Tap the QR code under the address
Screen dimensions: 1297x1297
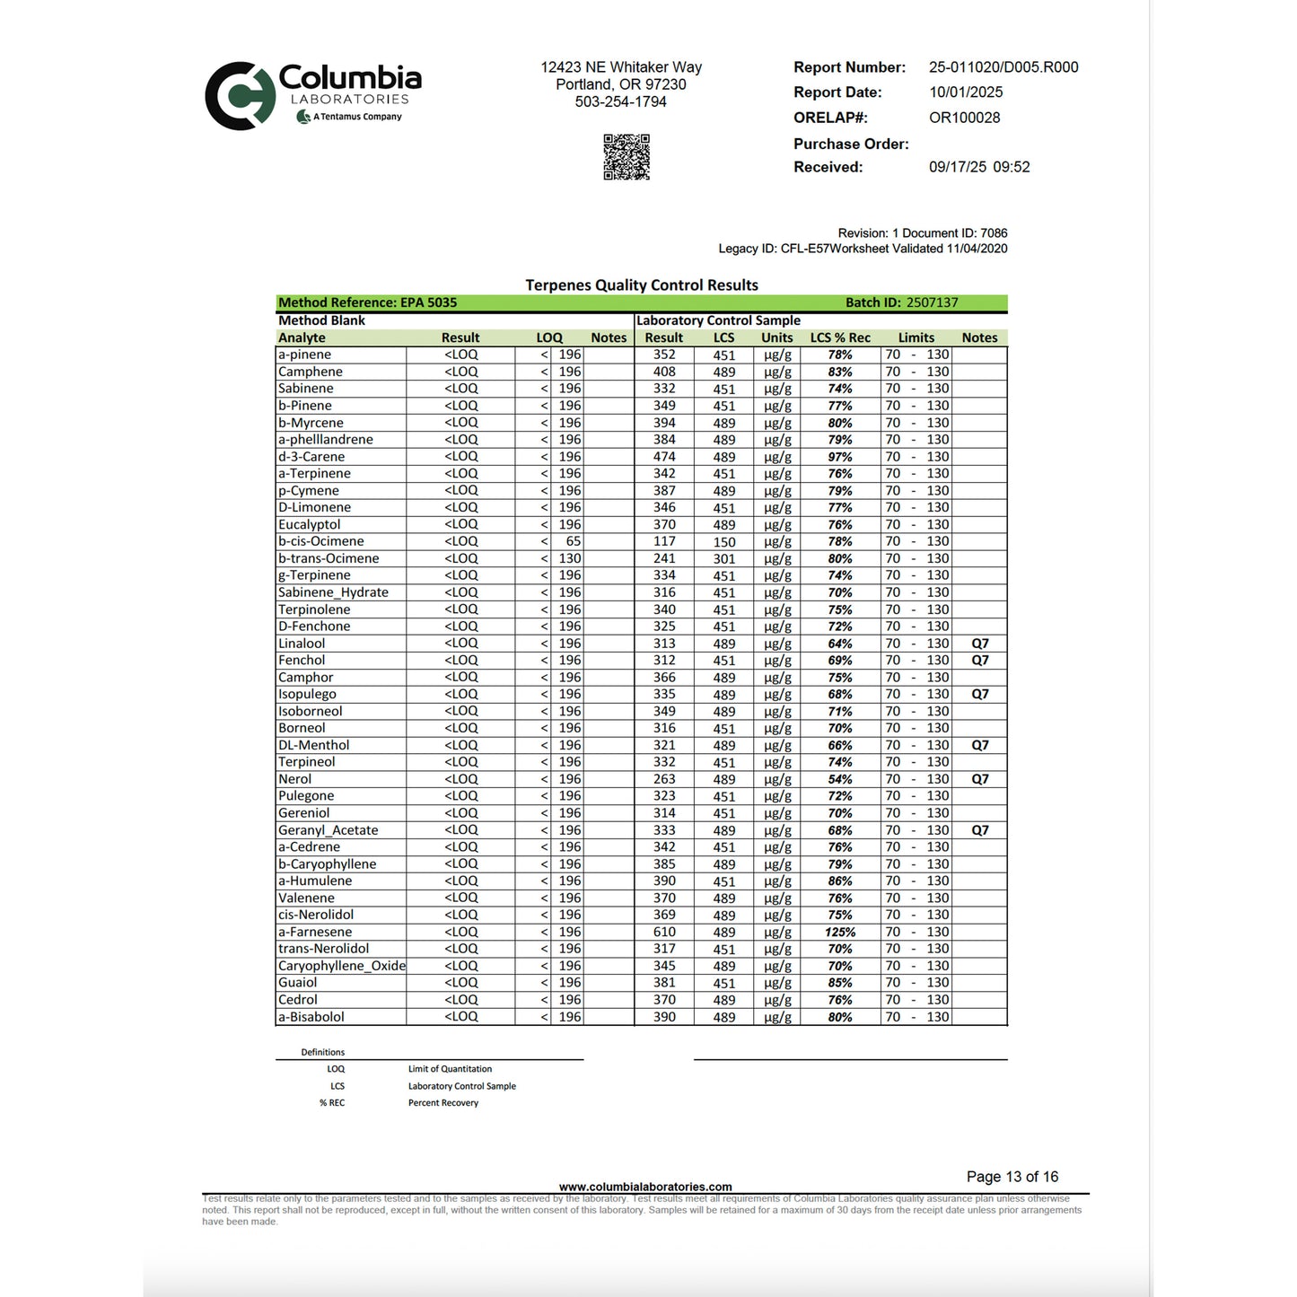pyautogui.click(x=626, y=157)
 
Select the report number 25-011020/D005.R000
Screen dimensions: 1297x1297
pyautogui.click(x=1003, y=67)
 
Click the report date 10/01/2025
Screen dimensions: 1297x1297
pyautogui.click(x=966, y=92)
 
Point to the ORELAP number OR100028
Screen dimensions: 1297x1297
pyautogui.click(x=964, y=118)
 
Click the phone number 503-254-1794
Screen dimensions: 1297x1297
pyautogui.click(x=620, y=102)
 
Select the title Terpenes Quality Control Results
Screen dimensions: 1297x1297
pyautogui.click(x=641, y=285)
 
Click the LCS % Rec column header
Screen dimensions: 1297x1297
pyautogui.click(x=839, y=337)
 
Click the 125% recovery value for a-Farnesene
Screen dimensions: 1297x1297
pyautogui.click(x=840, y=933)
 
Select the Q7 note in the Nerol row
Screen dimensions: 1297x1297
pyautogui.click(x=979, y=779)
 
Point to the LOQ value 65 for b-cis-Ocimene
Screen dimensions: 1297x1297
pyautogui.click(x=573, y=541)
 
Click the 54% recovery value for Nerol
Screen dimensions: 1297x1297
pyautogui.click(x=840, y=779)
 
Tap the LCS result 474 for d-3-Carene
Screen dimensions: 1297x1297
pyautogui.click(x=664, y=457)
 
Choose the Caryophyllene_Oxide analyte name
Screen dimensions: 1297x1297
pyautogui.click(x=341, y=966)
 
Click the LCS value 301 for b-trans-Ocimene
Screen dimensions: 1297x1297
pyautogui.click(x=723, y=558)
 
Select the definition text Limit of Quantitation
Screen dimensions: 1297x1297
pyautogui.click(x=450, y=1069)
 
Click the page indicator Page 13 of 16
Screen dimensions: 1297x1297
pyautogui.click(x=1012, y=1177)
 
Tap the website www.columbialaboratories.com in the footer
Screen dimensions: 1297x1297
pyautogui.click(x=644, y=1187)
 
